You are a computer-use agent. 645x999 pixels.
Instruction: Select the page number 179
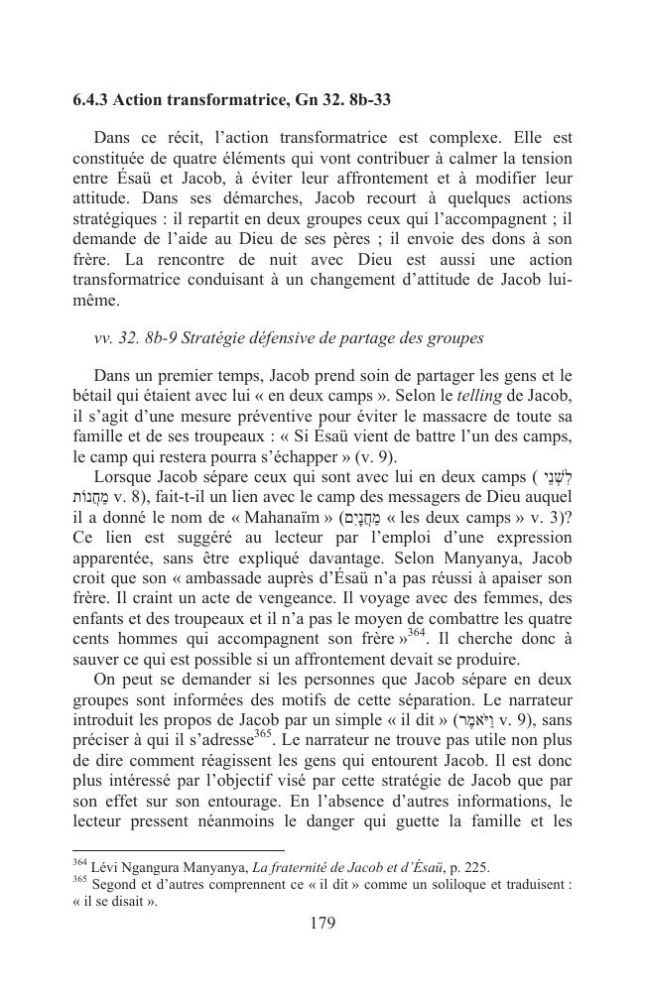322,923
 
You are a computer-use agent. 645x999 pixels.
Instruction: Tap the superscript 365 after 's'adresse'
262,733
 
